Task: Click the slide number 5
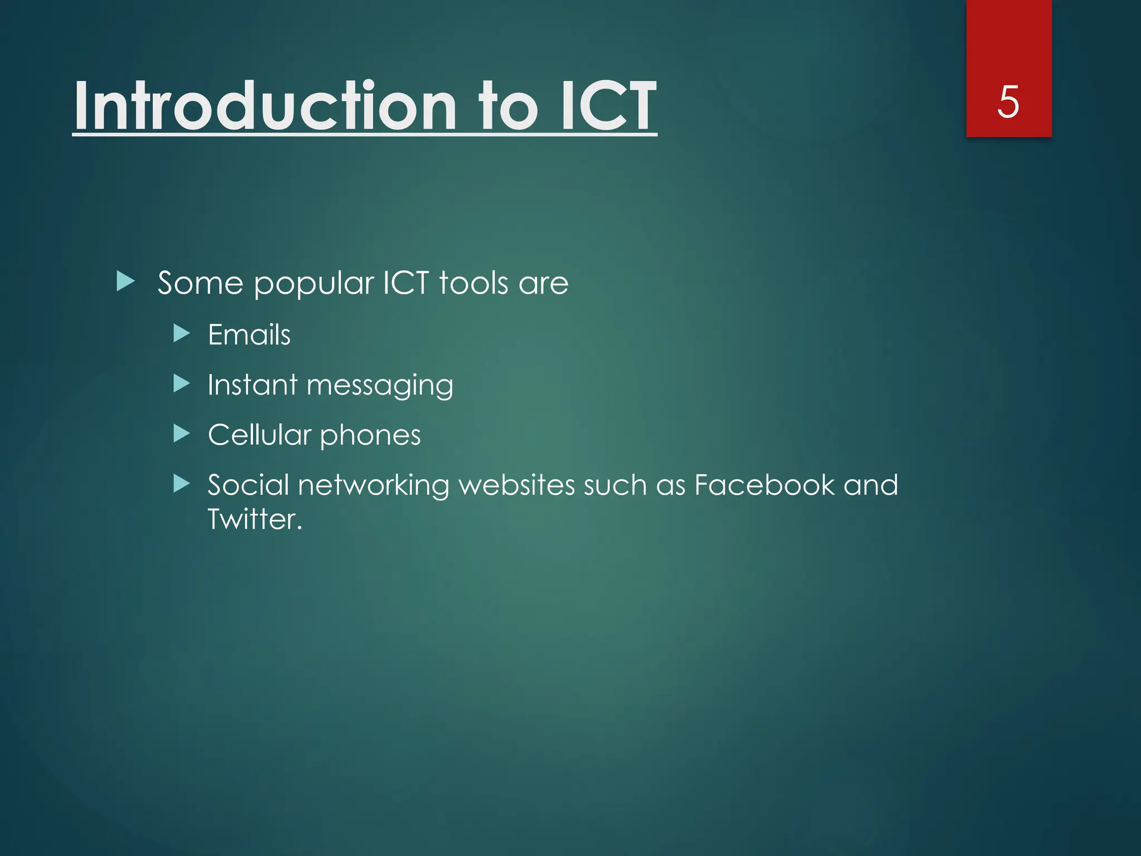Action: point(1008,103)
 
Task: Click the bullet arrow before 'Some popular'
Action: point(126,281)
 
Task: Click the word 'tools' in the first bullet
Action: point(474,283)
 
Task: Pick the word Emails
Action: point(249,335)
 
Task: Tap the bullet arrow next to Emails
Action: point(182,334)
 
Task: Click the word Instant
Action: point(252,385)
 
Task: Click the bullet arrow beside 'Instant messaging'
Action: point(182,383)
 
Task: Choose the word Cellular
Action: point(259,435)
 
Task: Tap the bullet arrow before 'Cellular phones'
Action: point(182,433)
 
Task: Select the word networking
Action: point(373,485)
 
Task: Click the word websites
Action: point(516,484)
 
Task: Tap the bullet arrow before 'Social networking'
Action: point(182,483)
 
